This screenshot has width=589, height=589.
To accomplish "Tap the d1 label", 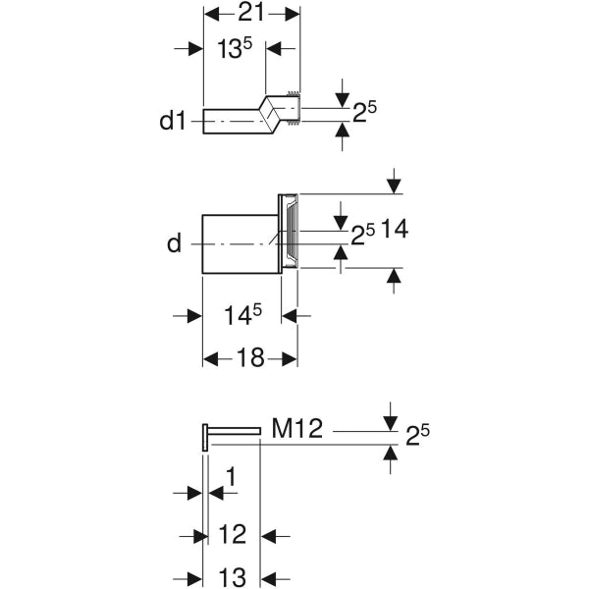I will pyautogui.click(x=172, y=123).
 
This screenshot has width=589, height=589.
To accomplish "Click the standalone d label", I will pyautogui.click(x=174, y=242).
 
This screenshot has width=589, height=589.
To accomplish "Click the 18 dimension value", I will pyautogui.click(x=250, y=358).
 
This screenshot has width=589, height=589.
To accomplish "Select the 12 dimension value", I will pyautogui.click(x=232, y=535).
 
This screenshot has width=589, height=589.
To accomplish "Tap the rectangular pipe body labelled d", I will pyautogui.click(x=240, y=242).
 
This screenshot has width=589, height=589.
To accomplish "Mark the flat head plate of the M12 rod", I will pyautogui.click(x=204, y=437).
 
